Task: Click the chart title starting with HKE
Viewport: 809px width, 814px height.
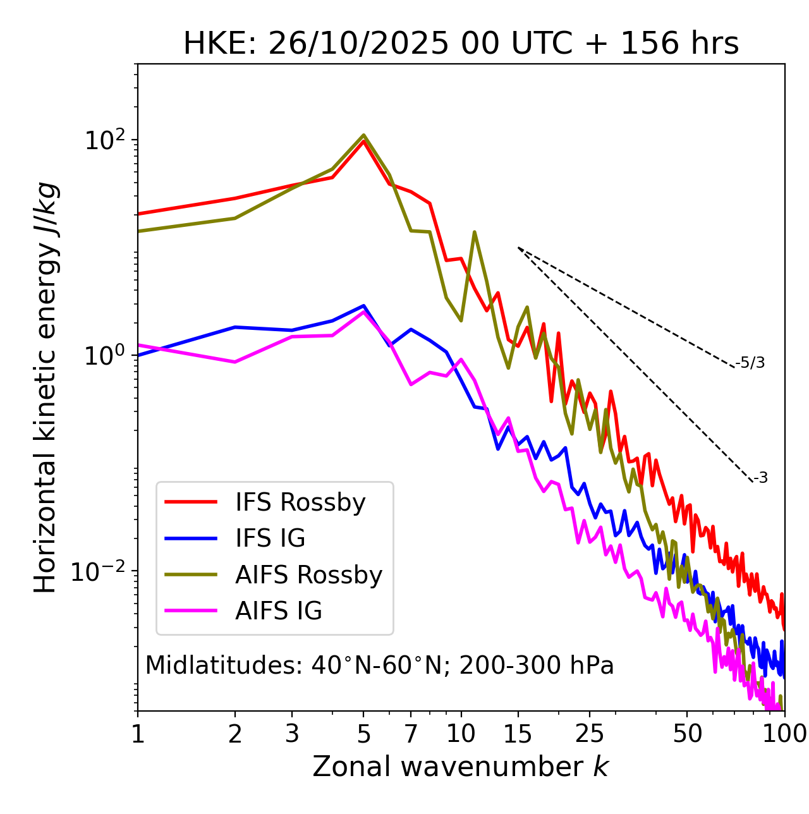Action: point(461,44)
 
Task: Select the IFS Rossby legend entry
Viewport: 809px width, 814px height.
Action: point(300,502)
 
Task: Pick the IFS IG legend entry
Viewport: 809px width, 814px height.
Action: point(270,538)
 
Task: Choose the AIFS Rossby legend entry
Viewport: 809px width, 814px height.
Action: point(308,575)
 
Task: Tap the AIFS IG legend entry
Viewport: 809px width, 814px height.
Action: point(278,611)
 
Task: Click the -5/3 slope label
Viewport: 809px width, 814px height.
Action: point(750,363)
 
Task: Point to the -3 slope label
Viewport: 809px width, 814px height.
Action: point(760,478)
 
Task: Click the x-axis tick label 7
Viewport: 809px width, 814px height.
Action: point(411,734)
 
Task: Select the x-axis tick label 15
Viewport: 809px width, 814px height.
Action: point(518,734)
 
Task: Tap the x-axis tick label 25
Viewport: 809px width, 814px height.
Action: point(590,734)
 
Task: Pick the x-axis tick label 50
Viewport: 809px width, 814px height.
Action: point(687,734)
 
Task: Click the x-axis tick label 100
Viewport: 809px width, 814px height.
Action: point(784,734)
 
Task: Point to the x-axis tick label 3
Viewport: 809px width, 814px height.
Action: point(292,734)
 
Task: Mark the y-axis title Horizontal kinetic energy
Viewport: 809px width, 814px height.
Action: point(46,387)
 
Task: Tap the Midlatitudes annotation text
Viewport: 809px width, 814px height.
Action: point(379,665)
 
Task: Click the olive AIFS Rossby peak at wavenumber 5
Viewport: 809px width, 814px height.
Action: point(363,135)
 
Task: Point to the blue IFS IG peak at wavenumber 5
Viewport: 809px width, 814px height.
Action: point(363,306)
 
